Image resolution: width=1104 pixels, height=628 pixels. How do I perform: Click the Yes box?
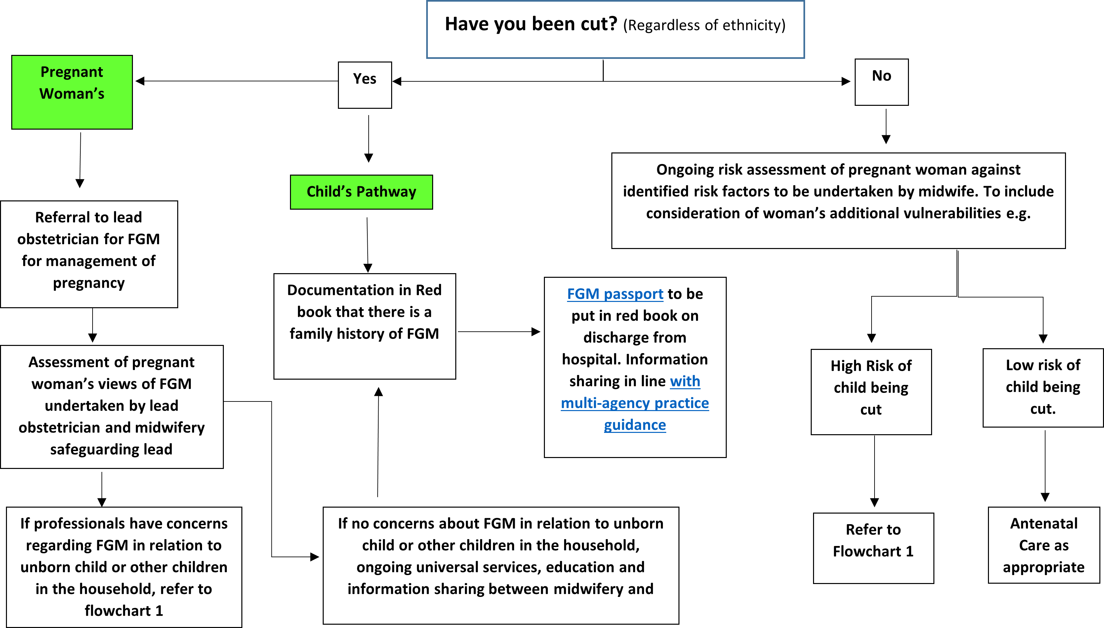tap(365, 85)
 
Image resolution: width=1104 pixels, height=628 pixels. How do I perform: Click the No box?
tap(881, 82)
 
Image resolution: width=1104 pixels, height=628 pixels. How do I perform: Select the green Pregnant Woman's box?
tap(72, 92)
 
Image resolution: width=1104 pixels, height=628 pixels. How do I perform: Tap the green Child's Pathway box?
tap(361, 192)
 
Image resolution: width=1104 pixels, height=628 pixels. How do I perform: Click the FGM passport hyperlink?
tap(615, 294)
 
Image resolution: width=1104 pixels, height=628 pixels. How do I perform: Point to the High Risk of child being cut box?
tap(871, 392)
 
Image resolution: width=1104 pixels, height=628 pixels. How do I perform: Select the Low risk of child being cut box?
tap(1043, 387)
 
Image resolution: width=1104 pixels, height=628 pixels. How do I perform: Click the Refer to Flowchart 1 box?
tap(873, 548)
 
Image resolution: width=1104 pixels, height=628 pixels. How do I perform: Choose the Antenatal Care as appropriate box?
tap(1043, 545)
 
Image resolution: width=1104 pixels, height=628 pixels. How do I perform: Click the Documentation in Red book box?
tap(364, 326)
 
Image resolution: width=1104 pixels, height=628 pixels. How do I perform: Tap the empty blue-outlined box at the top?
tap(615, 29)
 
